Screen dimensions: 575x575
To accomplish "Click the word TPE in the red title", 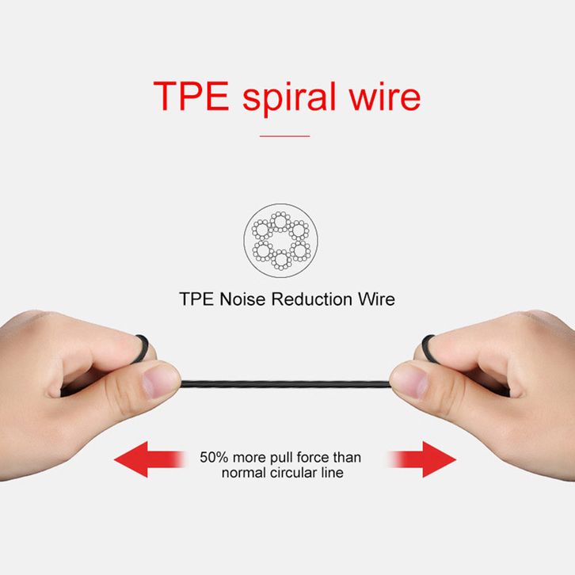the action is (x=191, y=97).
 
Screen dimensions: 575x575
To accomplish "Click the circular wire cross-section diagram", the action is (x=280, y=240).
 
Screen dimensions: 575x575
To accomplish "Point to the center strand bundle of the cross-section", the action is (x=280, y=240).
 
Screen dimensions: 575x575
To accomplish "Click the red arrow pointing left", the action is (x=146, y=459).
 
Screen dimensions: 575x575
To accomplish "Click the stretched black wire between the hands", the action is (x=285, y=384).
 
